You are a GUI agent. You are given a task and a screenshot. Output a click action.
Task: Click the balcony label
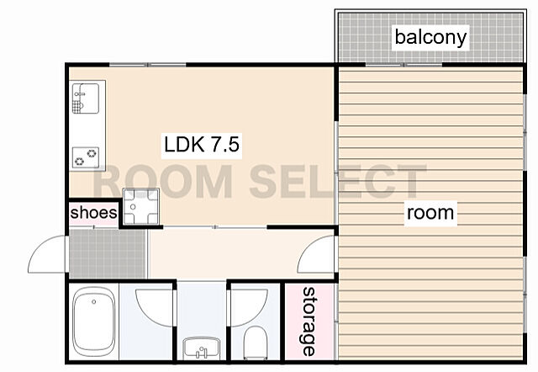tap(430, 37)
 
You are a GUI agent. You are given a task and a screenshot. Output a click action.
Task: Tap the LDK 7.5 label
tap(202, 144)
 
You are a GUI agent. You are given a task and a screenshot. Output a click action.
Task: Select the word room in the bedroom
tap(430, 213)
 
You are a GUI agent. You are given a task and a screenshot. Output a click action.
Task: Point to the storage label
tap(309, 322)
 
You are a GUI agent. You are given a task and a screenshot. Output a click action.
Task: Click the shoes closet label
tap(93, 213)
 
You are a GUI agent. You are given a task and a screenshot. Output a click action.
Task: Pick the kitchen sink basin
tap(86, 98)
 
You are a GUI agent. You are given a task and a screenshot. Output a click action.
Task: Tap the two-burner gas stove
tap(86, 157)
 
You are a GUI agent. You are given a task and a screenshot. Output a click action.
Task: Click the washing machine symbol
tap(140, 206)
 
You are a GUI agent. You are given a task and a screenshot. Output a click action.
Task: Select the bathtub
tap(94, 322)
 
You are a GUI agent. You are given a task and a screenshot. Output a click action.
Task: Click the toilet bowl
tap(256, 343)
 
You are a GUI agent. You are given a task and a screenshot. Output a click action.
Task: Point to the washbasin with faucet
tap(201, 348)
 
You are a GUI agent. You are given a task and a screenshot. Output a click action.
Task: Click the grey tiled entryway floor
tap(108, 253)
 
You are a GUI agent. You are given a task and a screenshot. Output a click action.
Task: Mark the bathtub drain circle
tap(93, 302)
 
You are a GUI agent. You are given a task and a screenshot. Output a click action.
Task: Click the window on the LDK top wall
tap(148, 65)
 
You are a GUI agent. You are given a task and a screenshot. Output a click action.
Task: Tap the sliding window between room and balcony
tap(403, 65)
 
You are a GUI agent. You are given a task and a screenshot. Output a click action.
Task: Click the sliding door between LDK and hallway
tap(215, 227)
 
